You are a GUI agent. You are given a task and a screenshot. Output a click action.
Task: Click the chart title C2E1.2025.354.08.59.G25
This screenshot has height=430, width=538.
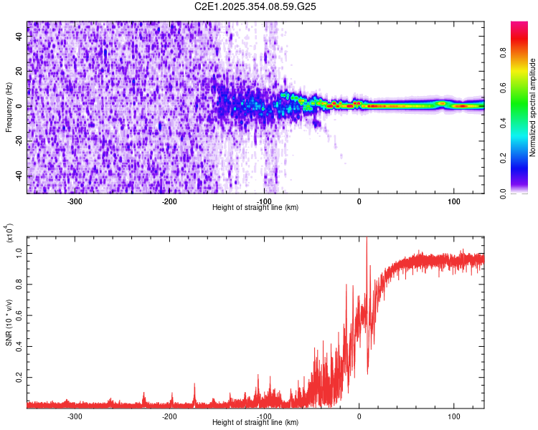256,7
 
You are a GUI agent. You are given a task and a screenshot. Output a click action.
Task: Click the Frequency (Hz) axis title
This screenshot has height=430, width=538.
9,107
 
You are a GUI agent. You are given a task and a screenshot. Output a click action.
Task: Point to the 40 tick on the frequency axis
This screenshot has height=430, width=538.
20,37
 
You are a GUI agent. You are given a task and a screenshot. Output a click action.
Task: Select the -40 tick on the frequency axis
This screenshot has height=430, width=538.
19,176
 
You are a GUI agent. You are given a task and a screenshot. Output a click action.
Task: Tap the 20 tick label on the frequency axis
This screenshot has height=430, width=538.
20,72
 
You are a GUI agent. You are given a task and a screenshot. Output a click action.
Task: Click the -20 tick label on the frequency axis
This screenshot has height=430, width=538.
19,141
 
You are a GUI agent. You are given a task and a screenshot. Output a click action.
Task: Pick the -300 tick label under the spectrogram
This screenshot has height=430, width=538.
75,201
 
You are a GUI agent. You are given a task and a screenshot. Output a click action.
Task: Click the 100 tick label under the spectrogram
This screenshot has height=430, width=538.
453,201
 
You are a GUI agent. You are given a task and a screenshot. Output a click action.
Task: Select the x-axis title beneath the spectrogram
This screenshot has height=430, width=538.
255,207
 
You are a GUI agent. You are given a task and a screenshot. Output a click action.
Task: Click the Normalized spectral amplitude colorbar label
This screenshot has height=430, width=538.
533,107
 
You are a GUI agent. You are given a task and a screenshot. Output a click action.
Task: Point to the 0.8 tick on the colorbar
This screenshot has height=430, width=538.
523,52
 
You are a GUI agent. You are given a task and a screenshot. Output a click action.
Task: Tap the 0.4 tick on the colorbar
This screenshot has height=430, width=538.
523,123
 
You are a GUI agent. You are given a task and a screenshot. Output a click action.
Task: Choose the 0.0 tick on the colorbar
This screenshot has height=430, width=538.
523,193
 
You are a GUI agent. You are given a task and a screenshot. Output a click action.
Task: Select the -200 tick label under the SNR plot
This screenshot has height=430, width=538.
169,416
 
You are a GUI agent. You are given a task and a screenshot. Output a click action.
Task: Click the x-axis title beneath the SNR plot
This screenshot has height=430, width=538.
255,422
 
